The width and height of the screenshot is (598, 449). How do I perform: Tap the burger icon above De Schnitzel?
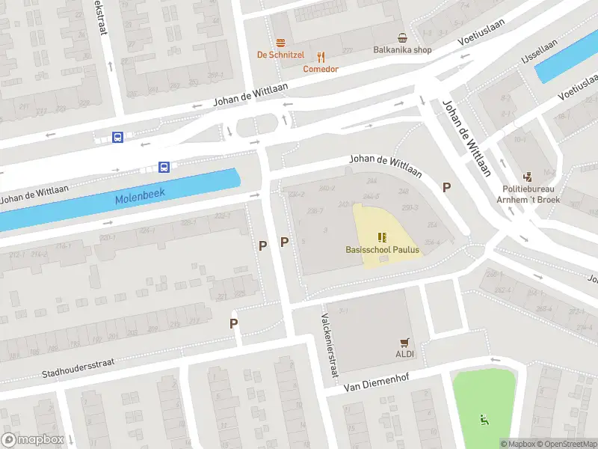tap(281, 43)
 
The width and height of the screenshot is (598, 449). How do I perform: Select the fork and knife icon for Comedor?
tap(321, 57)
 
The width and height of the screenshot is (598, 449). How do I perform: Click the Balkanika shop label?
tap(403, 50)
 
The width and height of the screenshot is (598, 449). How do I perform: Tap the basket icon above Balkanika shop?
tap(403, 37)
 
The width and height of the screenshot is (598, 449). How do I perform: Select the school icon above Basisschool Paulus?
tap(383, 237)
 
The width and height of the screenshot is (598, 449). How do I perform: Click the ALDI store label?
tap(405, 353)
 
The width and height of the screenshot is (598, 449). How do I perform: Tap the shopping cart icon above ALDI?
tap(405, 342)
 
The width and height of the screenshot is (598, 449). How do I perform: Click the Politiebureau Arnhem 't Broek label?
tap(529, 195)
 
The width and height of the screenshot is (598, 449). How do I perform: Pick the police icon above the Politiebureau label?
tap(529, 177)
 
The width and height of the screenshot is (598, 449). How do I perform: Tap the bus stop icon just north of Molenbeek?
tap(164, 167)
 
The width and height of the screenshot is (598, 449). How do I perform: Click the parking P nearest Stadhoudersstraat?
tap(234, 323)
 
